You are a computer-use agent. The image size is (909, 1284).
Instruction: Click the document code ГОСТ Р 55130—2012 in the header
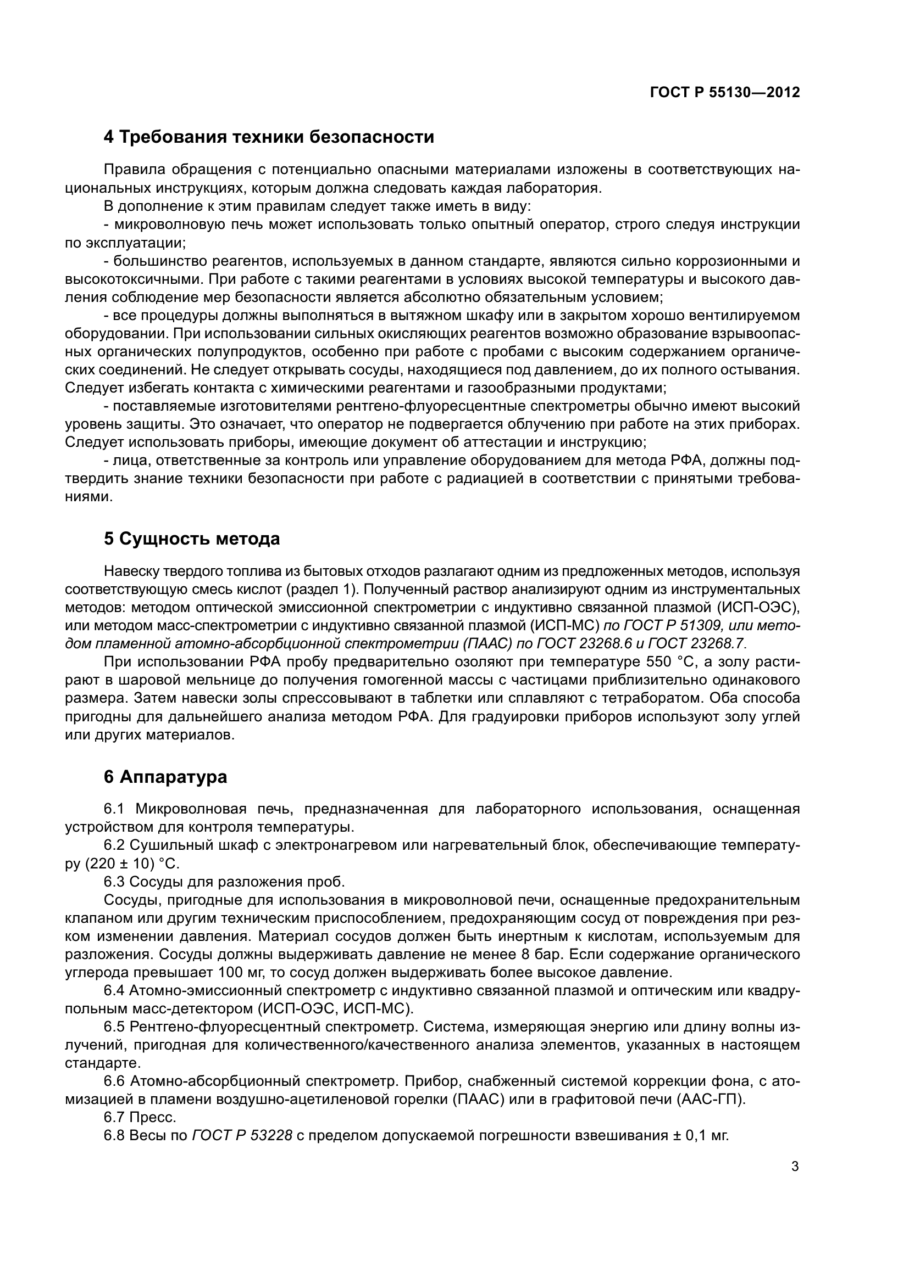[725, 92]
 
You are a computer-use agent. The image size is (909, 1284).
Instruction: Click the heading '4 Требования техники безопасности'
[269, 137]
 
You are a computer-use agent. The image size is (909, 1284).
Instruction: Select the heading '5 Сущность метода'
[191, 539]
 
